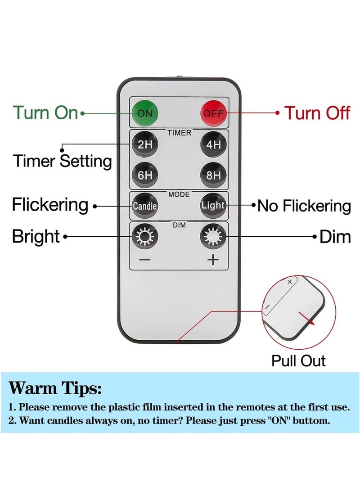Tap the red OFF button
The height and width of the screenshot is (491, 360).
coord(213,113)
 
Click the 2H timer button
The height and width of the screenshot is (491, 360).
coord(144,144)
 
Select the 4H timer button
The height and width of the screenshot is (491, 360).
coord(213,144)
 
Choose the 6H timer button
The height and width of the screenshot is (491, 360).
coord(144,175)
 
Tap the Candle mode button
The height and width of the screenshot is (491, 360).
coord(144,206)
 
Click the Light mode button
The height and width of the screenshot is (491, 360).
coord(213,205)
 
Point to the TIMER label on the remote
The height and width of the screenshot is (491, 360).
coord(179,133)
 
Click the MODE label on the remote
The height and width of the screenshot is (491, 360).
coord(179,194)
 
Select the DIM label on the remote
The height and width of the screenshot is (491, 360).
coord(179,225)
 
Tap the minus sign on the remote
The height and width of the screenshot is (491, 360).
coord(144,260)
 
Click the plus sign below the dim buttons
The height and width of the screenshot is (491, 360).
coord(213,260)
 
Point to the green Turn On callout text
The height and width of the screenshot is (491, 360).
coord(45,113)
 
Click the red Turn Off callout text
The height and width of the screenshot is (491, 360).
coord(317,113)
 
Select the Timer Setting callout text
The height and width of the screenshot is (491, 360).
coord(62,161)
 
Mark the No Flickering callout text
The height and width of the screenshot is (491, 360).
coord(304,206)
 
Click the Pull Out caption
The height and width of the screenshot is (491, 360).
coord(298,360)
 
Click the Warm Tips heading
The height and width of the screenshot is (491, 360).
coord(55,388)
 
